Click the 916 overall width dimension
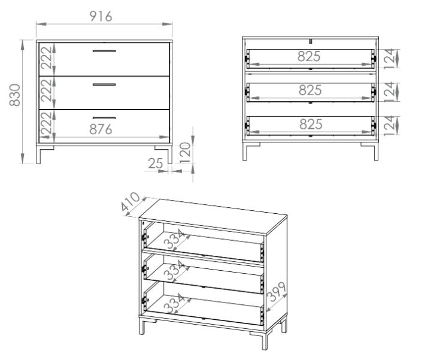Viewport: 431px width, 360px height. [x=101, y=17]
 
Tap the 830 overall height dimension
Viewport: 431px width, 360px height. [x=14, y=95]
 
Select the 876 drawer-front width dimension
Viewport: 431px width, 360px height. [x=101, y=129]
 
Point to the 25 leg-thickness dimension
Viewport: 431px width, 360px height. [x=156, y=164]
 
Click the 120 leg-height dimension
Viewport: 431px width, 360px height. [x=185, y=152]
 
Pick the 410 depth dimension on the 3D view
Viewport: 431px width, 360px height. [x=131, y=202]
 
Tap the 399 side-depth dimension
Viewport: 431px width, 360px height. [x=277, y=292]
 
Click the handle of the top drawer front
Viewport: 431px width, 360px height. [x=104, y=51]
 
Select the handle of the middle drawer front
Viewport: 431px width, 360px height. [x=104, y=84]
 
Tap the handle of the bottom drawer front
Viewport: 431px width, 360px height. [x=104, y=118]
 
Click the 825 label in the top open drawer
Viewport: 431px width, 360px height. [x=309, y=56]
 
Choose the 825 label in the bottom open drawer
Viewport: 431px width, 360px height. [x=311, y=124]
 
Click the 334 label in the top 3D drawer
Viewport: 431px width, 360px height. [x=174, y=240]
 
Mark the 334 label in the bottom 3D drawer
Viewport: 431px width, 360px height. [x=174, y=303]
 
